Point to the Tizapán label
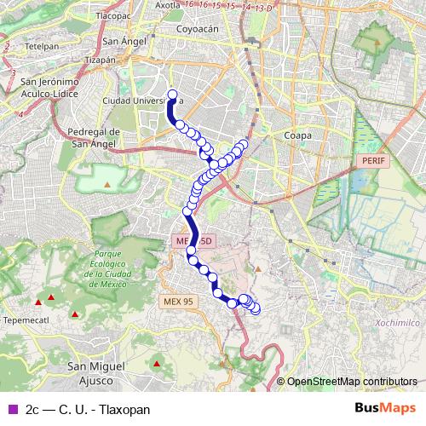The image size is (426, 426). [x=124, y=60]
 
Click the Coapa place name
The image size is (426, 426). [x=298, y=135]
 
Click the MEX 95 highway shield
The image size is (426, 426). [x=178, y=301]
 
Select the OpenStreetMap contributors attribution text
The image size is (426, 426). [x=352, y=382]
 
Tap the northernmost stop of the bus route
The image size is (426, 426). [x=173, y=95]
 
